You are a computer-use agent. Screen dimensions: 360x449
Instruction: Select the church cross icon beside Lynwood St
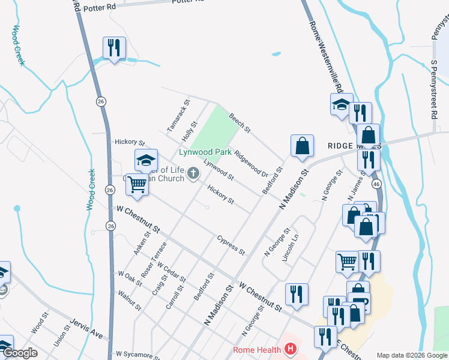coord(193,174)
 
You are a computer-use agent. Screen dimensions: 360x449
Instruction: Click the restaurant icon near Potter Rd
coord(114,47)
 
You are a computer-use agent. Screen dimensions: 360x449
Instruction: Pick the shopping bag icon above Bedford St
coord(303,145)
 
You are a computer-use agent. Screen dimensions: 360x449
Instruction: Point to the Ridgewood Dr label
coord(251,163)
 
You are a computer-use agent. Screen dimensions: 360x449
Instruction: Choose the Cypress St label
coord(231,244)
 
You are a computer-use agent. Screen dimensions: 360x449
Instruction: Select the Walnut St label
coord(130,301)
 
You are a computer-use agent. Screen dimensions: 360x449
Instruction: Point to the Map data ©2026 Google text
coord(411,355)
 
